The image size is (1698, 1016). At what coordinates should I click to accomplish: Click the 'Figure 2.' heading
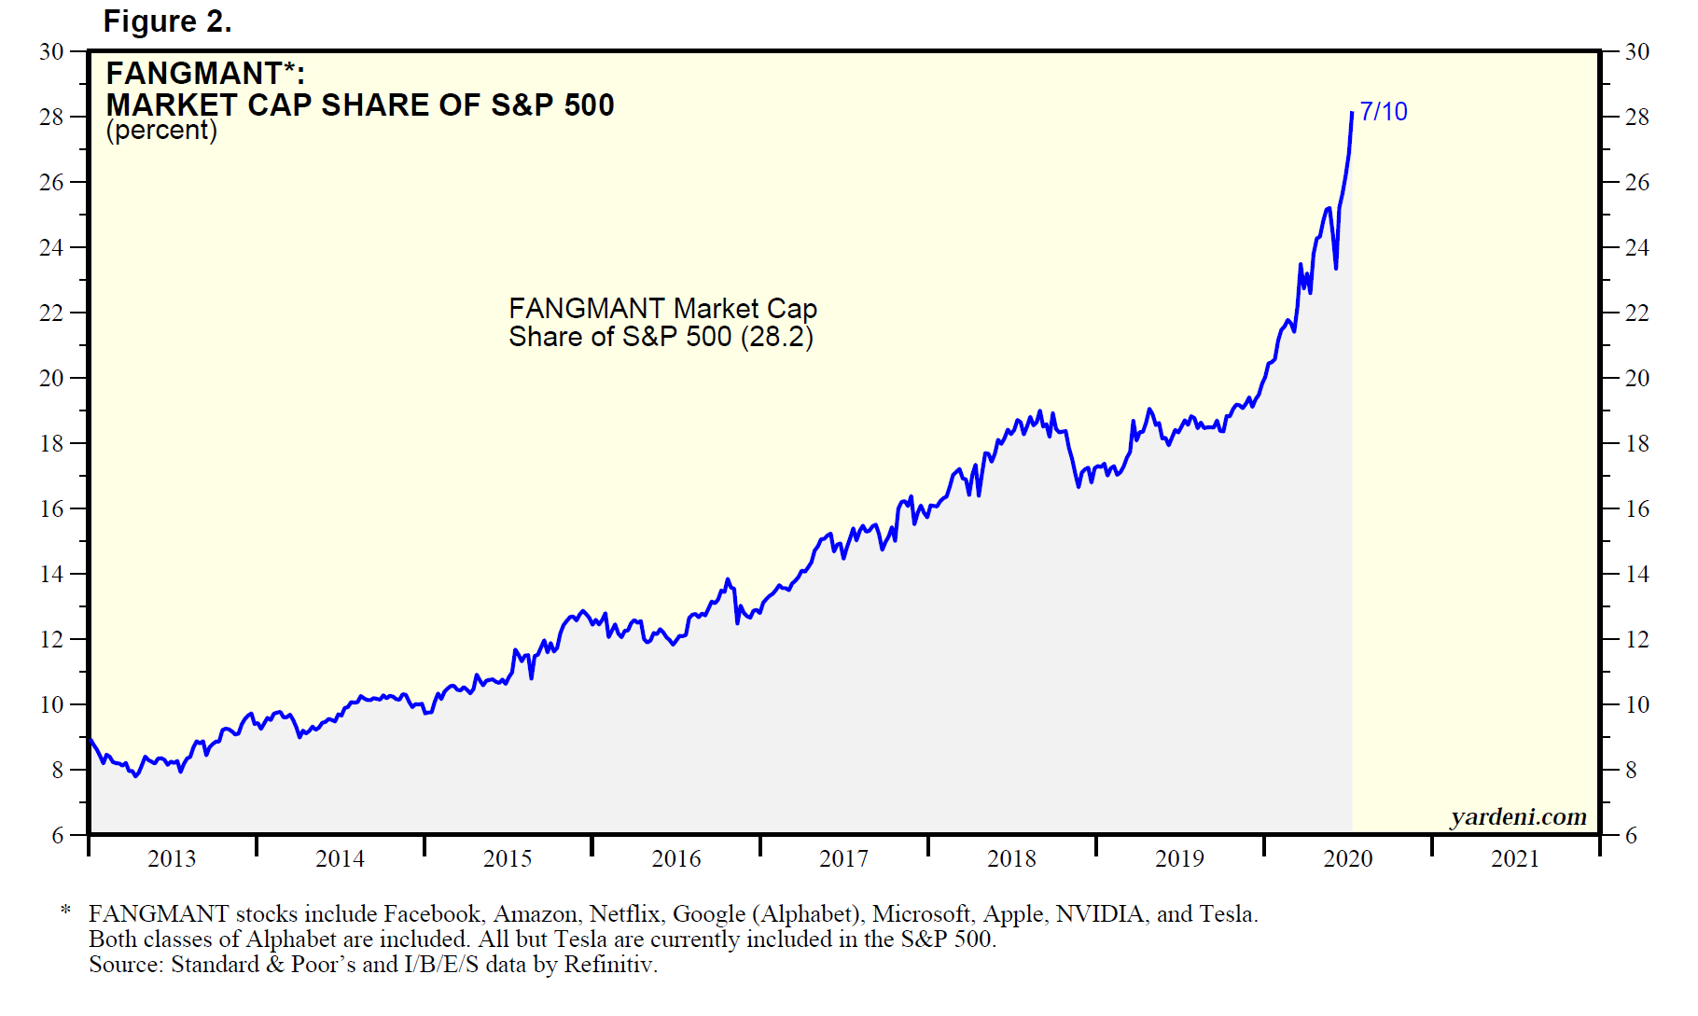(x=167, y=21)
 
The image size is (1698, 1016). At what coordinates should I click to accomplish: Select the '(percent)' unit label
(x=161, y=131)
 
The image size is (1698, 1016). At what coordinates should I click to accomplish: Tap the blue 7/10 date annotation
(x=1383, y=112)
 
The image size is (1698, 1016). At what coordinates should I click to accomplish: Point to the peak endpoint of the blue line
(x=1352, y=114)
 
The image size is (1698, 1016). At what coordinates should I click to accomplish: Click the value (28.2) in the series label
(x=777, y=337)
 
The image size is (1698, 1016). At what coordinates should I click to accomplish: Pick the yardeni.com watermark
(x=1518, y=817)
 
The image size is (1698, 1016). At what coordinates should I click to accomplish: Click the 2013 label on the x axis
(x=172, y=859)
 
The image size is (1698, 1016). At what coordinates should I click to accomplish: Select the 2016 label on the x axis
(x=675, y=859)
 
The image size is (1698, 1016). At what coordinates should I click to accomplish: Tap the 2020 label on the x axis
(x=1347, y=859)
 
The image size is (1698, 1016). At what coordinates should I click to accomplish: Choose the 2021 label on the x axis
(x=1515, y=859)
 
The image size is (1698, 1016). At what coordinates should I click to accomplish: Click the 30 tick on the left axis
(x=51, y=52)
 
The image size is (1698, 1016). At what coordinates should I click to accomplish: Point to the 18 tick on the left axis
(x=51, y=444)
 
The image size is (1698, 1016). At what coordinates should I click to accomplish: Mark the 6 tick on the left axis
(x=58, y=836)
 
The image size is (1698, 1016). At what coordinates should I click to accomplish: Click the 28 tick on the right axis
(x=1636, y=118)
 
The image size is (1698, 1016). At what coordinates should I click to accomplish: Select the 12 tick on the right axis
(x=1636, y=640)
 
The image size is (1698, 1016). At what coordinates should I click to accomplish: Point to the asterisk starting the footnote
(x=65, y=911)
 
